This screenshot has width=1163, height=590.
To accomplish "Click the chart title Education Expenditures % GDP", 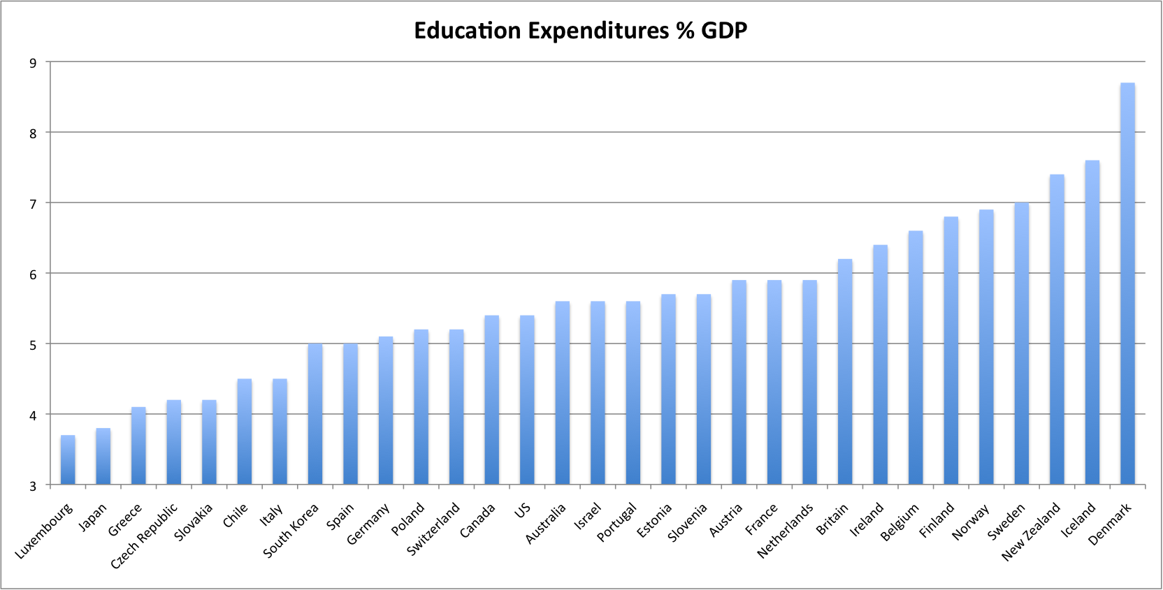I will click(x=580, y=31).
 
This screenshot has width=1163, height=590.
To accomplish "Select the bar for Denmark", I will click(x=1127, y=283).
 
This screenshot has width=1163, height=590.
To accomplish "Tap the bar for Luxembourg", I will click(x=68, y=460).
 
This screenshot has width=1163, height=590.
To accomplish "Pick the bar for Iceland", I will click(x=1092, y=323).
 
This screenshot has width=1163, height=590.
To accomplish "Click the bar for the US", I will click(x=527, y=400).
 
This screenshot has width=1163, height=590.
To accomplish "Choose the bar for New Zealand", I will click(x=1057, y=330).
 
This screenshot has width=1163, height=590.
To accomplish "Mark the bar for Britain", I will click(x=845, y=372).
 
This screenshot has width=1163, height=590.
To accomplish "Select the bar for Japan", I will click(x=103, y=457).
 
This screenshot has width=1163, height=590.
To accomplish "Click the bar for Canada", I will click(x=491, y=400).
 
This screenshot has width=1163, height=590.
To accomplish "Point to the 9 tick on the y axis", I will click(x=34, y=63).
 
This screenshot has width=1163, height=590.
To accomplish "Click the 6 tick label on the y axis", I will click(x=34, y=274).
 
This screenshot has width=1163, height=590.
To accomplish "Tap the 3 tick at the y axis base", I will click(x=34, y=486).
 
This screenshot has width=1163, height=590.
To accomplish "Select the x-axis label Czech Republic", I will click(x=145, y=536).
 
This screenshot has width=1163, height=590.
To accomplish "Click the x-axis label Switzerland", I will click(x=434, y=529).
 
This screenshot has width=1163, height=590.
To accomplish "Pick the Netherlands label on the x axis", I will click(x=786, y=531).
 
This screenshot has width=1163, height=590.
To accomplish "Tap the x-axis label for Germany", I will click(x=368, y=524).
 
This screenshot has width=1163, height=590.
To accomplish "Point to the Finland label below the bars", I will click(x=937, y=520).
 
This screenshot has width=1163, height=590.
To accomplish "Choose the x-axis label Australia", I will click(x=545, y=524).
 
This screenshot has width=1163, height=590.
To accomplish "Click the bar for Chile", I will click(x=245, y=432).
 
